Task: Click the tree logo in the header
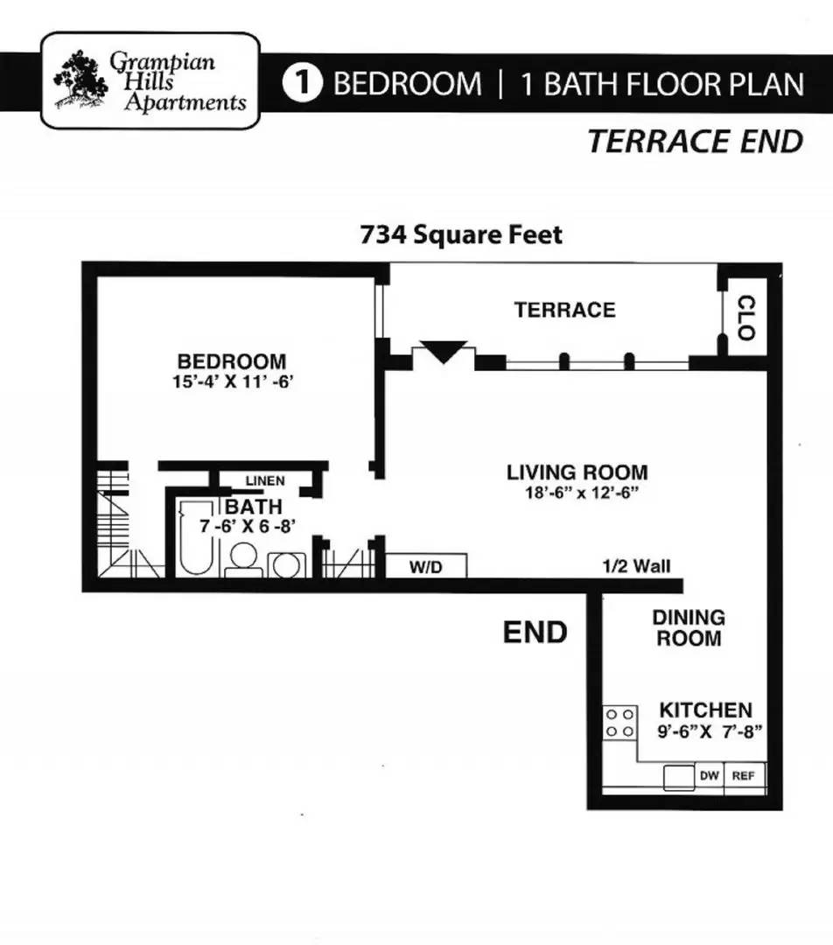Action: (80, 80)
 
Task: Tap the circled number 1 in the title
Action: (303, 83)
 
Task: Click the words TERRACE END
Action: (696, 142)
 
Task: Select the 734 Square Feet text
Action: (461, 234)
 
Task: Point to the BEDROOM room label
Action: (232, 361)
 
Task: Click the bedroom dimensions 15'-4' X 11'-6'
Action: (232, 382)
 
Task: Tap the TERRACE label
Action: (564, 310)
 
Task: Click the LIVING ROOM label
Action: (577, 472)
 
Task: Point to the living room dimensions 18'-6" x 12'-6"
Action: (581, 493)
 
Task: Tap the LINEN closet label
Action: (265, 481)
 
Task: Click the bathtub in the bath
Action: (196, 537)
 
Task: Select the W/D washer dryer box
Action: (425, 566)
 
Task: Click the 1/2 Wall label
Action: (636, 566)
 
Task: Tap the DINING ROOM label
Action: (689, 627)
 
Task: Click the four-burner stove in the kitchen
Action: (619, 723)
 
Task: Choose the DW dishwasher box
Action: (709, 775)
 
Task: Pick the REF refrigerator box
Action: (744, 776)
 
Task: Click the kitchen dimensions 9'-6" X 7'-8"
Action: (710, 731)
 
